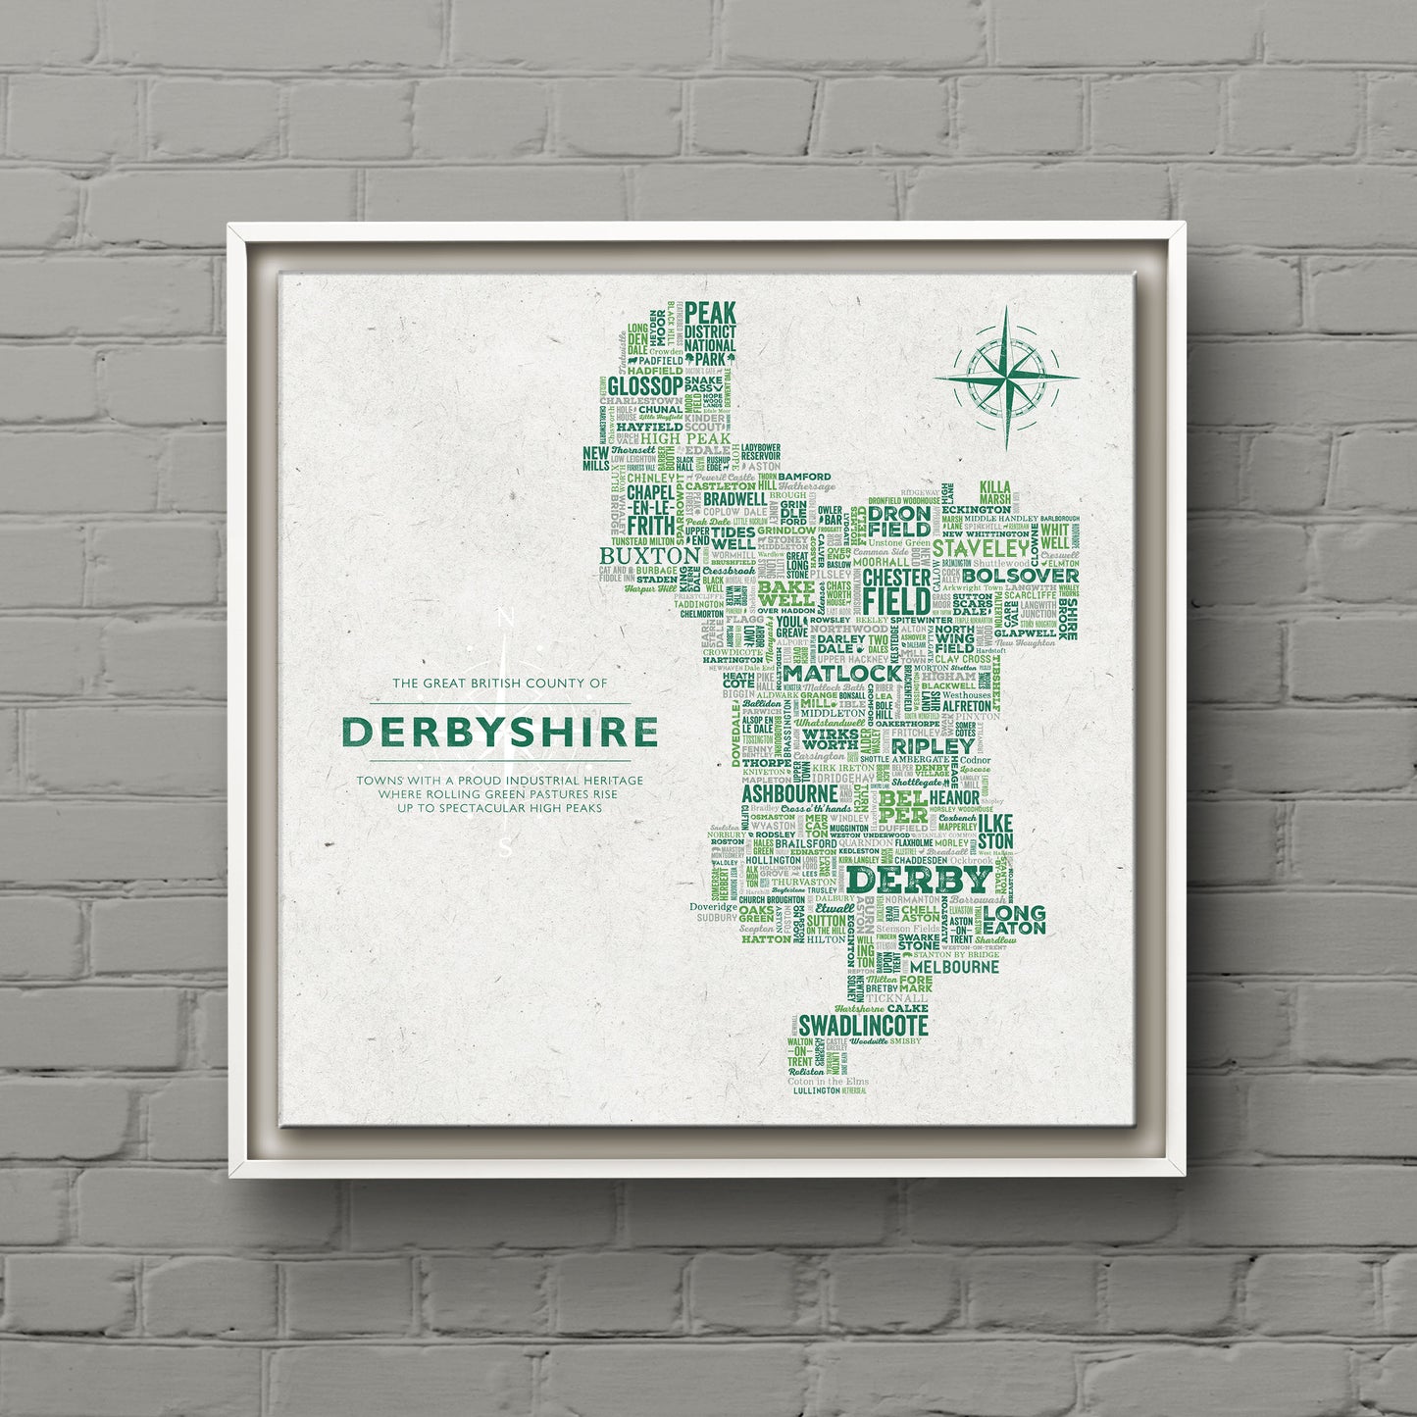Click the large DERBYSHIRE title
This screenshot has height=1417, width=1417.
[x=500, y=733]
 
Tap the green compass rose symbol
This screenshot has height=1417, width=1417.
[x=1007, y=379]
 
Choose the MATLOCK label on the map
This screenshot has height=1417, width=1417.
[x=841, y=675]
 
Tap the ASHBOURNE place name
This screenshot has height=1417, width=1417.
[x=790, y=793]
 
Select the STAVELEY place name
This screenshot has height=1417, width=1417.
[x=982, y=547]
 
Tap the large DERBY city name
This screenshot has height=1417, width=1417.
[x=919, y=879]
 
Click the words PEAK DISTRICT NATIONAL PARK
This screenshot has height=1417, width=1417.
[x=710, y=332]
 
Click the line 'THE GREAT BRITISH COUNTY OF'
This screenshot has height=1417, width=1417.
[x=500, y=683]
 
